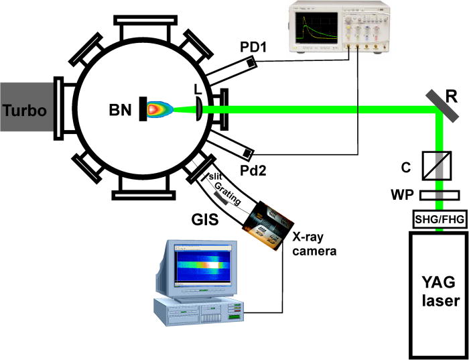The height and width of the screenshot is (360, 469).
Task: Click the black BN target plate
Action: (x=144, y=109)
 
